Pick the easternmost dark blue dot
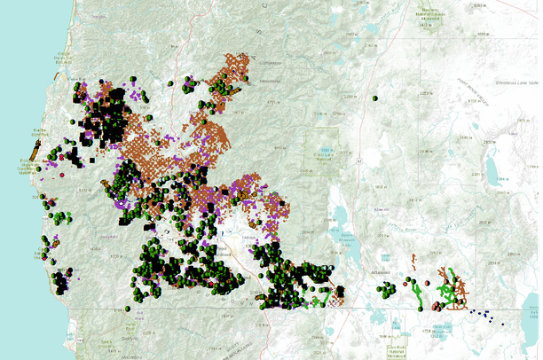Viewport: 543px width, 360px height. tap(503, 323)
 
